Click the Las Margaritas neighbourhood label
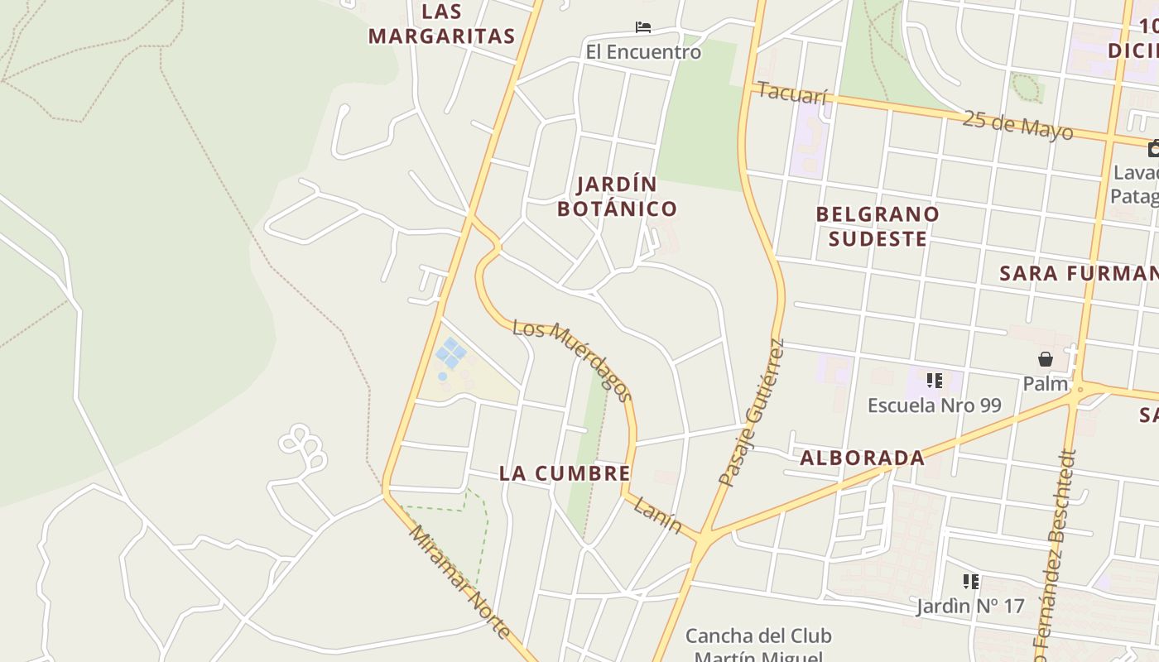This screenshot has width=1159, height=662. point(441,24)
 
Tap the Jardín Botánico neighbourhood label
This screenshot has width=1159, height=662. point(617,196)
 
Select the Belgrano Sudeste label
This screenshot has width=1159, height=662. point(878,226)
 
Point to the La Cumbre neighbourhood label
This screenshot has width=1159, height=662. point(565,473)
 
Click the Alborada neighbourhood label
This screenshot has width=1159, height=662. point(862,458)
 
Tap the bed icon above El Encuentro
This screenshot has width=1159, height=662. point(643,27)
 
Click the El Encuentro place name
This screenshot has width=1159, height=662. point(643,52)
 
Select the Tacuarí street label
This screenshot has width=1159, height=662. point(792,94)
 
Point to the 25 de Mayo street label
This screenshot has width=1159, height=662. point(1018,125)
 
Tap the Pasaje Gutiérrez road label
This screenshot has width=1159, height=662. point(751,412)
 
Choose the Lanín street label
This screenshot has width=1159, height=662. point(657,515)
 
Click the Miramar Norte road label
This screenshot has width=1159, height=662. point(459,582)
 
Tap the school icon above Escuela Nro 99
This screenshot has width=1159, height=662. point(935,381)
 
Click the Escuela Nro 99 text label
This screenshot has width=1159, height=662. point(934,405)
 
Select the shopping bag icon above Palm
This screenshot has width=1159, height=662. point(1046,359)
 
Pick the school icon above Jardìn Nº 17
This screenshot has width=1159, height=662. point(971,582)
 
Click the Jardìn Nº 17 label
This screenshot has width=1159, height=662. point(970,607)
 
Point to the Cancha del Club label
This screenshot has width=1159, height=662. point(758,636)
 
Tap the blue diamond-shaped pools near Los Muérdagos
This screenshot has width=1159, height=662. point(451,353)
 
